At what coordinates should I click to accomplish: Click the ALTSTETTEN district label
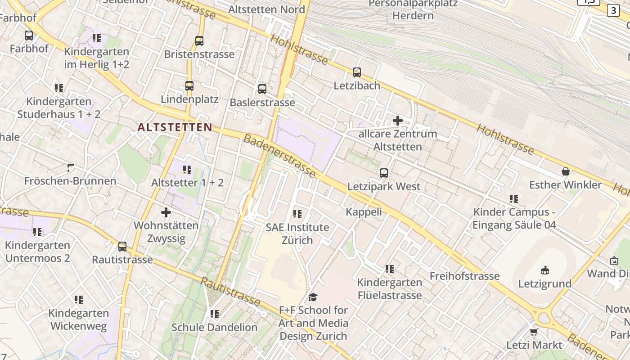pyautogui.click(x=175, y=127)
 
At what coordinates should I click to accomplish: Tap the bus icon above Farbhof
pyautogui.click(x=29, y=35)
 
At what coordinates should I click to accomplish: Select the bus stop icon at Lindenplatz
pyautogui.click(x=189, y=85)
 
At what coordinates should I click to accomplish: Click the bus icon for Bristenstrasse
pyautogui.click(x=199, y=41)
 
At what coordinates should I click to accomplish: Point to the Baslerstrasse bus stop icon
pyautogui.click(x=262, y=89)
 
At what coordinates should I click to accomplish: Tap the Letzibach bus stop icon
pyautogui.click(x=357, y=72)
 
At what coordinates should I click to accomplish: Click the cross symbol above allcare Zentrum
pyautogui.click(x=398, y=121)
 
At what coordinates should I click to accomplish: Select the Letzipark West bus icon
pyautogui.click(x=384, y=173)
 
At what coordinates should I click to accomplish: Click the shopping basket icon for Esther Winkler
pyautogui.click(x=566, y=171)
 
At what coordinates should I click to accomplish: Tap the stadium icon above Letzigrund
pyautogui.click(x=545, y=270)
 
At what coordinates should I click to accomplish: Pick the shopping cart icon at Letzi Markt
pyautogui.click(x=534, y=332)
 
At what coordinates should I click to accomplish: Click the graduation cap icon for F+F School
pyautogui.click(x=313, y=297)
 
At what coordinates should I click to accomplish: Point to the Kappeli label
pyautogui.click(x=364, y=212)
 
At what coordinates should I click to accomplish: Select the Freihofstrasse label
pyautogui.click(x=464, y=276)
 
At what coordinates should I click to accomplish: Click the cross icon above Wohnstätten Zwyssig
pyautogui.click(x=166, y=212)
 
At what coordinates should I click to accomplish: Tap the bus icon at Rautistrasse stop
pyautogui.click(x=122, y=247)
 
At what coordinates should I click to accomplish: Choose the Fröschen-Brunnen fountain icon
pyautogui.click(x=70, y=168)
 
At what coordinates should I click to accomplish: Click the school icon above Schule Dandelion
pyautogui.click(x=215, y=314)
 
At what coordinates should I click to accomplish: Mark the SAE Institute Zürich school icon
pyautogui.click(x=297, y=214)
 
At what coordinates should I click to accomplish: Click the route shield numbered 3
pyautogui.click(x=613, y=10)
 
